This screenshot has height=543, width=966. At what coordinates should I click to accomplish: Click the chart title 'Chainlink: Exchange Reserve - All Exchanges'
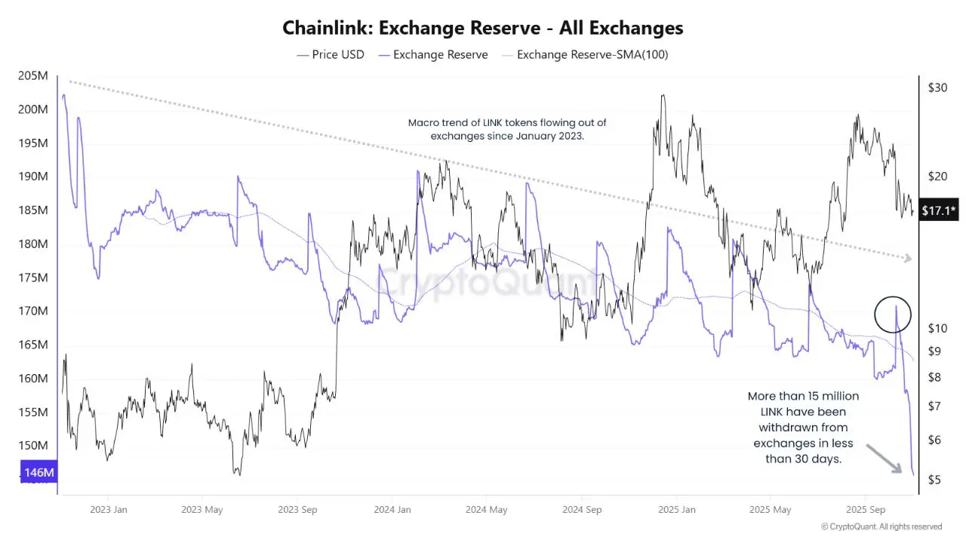coord(483,28)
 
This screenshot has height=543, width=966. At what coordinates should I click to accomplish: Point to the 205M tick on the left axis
coord(33,75)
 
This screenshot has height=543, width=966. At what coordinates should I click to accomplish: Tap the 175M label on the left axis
coord(33,278)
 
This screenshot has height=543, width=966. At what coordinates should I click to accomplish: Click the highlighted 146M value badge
coord(39,473)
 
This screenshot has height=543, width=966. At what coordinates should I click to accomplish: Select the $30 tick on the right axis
coord(937,87)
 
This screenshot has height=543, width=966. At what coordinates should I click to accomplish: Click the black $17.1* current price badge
coord(939,211)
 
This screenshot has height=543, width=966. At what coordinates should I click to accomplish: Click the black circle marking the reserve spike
coord(894,314)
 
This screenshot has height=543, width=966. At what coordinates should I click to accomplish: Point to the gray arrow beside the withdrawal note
coord(884,459)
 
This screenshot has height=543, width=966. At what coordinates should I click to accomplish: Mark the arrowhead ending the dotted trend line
coord(908,259)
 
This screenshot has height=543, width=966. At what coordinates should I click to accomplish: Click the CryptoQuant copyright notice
coord(881,526)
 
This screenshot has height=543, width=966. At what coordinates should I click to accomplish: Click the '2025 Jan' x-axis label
coord(678,510)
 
